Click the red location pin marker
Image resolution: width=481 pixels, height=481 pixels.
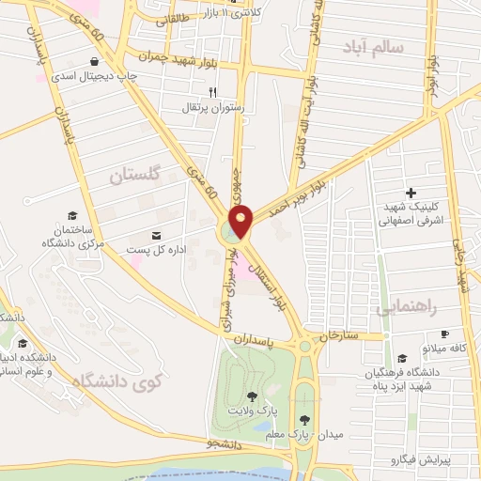pyautogui.click(x=241, y=221)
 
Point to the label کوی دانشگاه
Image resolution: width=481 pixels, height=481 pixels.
pyautogui.click(x=116, y=380)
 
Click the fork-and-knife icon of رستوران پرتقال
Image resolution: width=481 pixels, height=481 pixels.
pyautogui.click(x=212, y=92)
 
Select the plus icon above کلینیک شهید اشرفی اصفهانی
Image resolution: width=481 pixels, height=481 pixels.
pyautogui.click(x=410, y=192)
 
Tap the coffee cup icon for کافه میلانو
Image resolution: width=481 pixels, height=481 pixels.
pyautogui.click(x=445, y=334)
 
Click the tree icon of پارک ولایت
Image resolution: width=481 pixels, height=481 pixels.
pyautogui.click(x=251, y=396)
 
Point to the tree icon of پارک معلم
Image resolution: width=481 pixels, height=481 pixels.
pyautogui.click(x=303, y=420)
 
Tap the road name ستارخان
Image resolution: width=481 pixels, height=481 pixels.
pyautogui.click(x=340, y=334)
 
